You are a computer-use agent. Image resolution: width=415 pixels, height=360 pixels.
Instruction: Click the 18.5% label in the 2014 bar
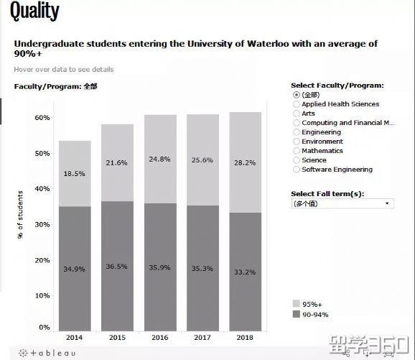click(x=75, y=174)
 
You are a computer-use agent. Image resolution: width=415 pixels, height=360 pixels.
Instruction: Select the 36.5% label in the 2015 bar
click(x=117, y=267)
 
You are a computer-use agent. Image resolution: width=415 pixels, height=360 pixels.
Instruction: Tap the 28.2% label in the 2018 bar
click(x=246, y=163)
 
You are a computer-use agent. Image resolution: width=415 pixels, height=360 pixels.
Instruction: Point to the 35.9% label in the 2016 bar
click(x=160, y=267)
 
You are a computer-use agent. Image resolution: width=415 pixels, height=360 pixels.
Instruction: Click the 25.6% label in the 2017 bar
click(x=203, y=160)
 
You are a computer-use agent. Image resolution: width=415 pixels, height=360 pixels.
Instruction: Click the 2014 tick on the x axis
click(x=75, y=337)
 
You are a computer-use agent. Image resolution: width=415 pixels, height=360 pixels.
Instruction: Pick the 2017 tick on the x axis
click(x=203, y=337)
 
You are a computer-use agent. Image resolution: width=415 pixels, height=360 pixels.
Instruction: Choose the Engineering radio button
click(x=297, y=132)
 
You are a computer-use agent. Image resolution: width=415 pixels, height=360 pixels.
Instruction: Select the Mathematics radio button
click(x=297, y=151)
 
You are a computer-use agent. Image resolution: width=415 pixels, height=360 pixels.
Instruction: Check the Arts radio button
click(x=297, y=114)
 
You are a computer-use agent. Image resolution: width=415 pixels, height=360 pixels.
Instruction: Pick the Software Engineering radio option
click(x=297, y=170)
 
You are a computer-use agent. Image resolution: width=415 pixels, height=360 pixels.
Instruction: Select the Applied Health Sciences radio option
click(x=297, y=104)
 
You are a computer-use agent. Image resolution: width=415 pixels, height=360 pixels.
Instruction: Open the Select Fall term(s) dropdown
click(x=342, y=204)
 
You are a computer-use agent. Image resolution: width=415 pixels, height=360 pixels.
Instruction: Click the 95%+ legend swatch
click(x=297, y=304)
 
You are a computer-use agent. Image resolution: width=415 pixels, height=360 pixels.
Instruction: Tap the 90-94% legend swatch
click(x=297, y=314)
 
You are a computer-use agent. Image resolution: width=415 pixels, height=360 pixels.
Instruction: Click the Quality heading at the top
click(x=34, y=12)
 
